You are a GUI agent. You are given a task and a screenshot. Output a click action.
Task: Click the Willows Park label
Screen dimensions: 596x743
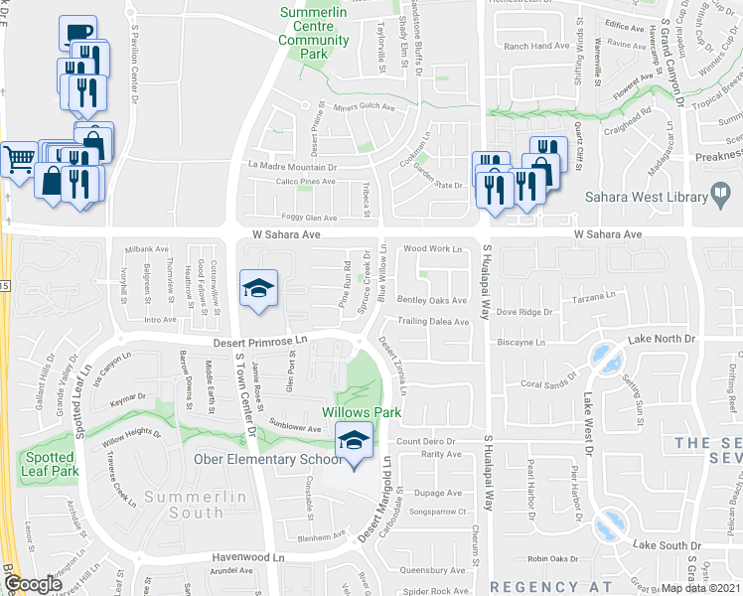[x=346, y=411]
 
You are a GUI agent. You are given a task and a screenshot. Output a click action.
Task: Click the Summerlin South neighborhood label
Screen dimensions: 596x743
[x=183, y=504]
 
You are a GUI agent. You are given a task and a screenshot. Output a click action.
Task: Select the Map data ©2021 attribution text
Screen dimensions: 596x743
[x=701, y=588]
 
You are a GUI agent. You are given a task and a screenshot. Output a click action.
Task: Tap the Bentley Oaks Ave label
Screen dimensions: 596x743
[x=432, y=300]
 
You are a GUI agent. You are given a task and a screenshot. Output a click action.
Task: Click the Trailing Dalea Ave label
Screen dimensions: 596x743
[x=433, y=322]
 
